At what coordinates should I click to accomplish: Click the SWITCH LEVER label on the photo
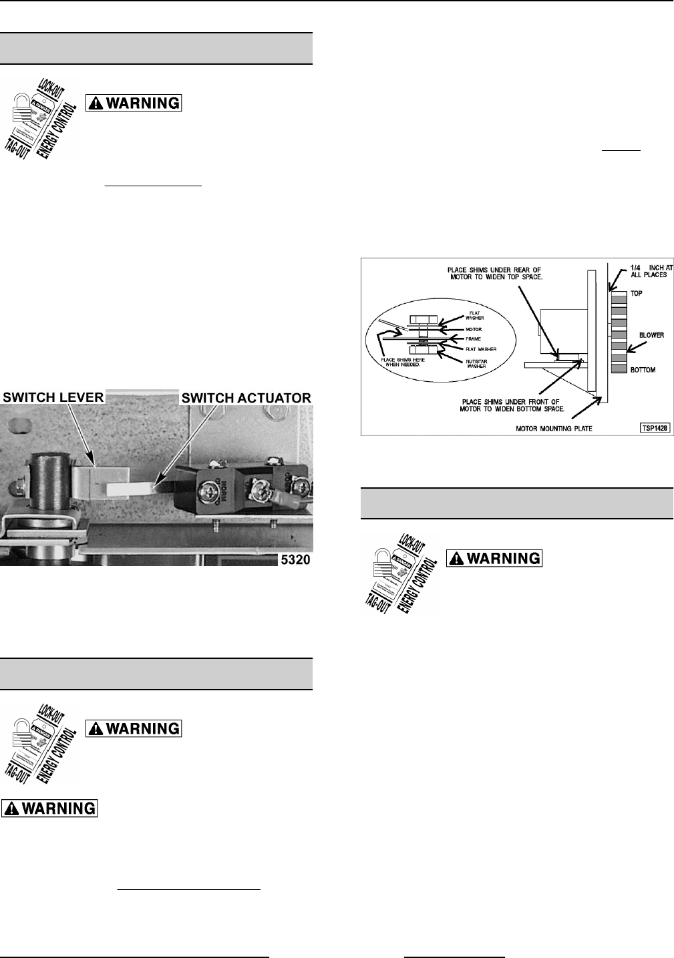[53, 397]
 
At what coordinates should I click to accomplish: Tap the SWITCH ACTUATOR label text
[246, 398]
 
